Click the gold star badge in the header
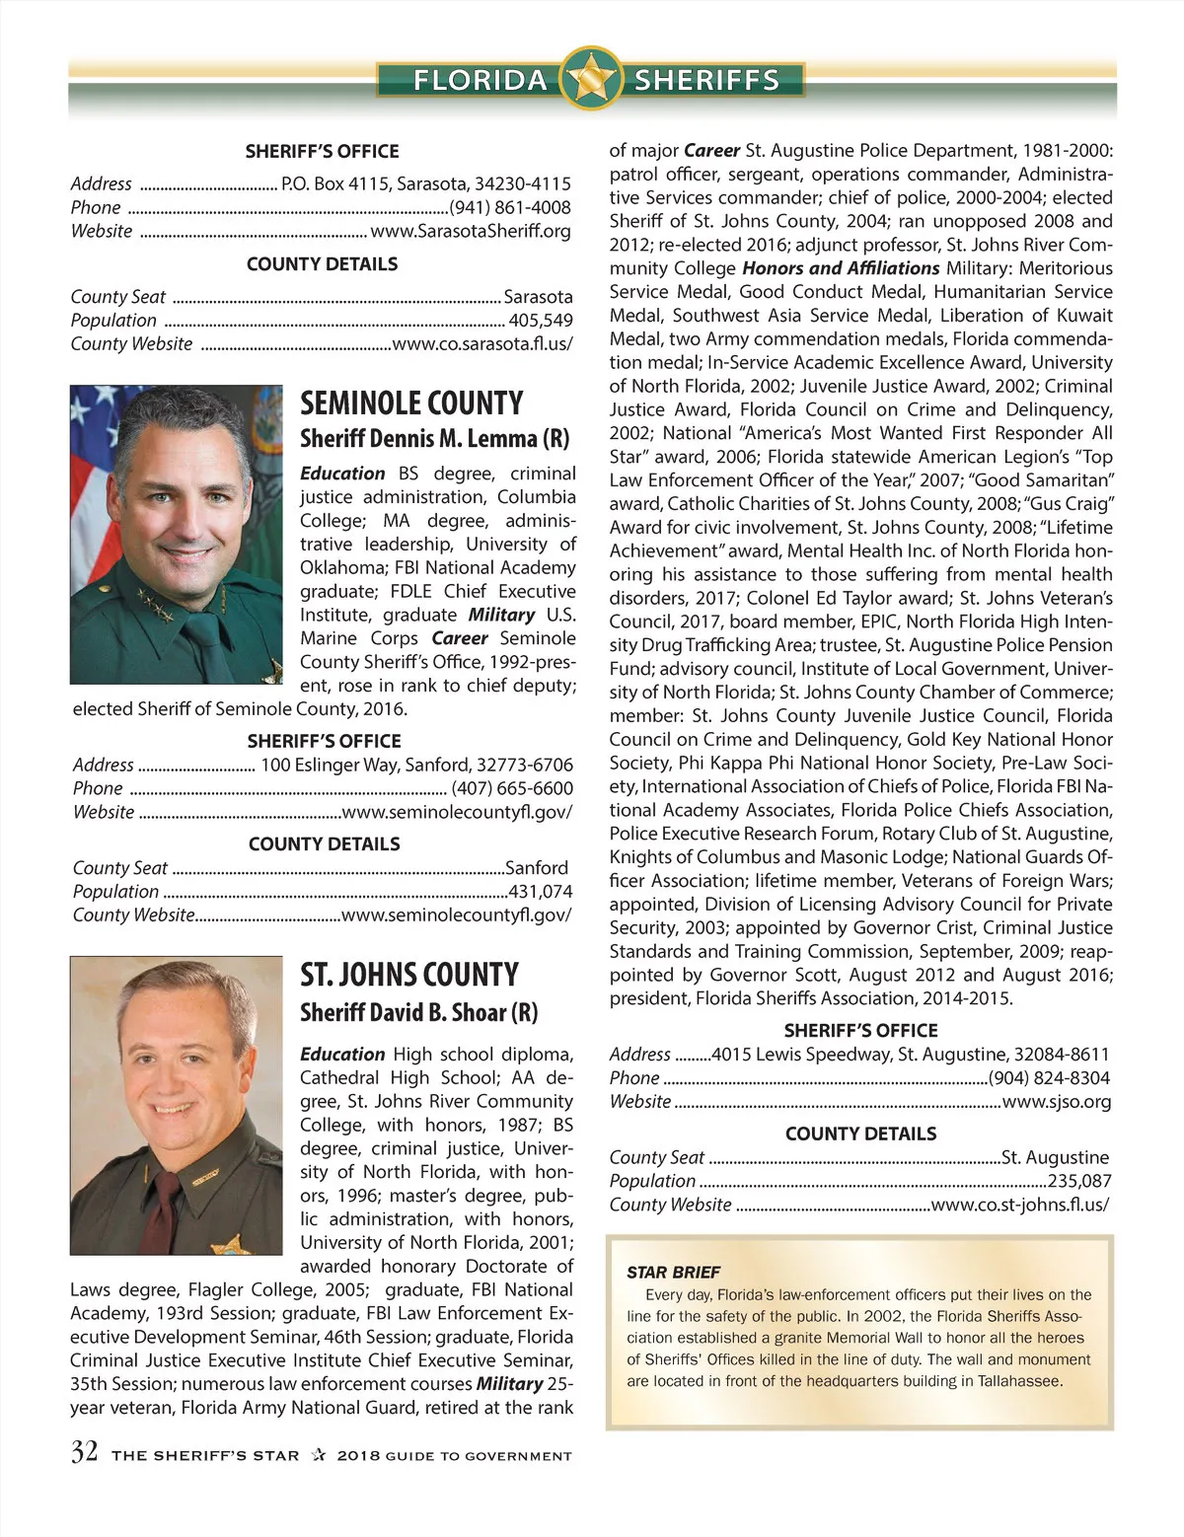coord(590,78)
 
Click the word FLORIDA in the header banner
coord(480,80)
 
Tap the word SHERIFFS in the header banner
coord(706,80)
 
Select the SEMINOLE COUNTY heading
coord(411,403)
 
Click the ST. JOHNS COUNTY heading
coord(408,975)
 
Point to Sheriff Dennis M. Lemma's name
coord(434,438)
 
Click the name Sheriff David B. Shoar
coord(418,1012)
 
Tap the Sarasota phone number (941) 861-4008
coord(510,208)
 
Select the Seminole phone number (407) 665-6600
coord(512,788)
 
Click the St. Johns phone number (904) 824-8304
coord(1049,1078)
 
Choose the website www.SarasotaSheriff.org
coord(471,232)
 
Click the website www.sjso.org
coord(1057,1102)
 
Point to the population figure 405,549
coord(541,321)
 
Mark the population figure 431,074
coord(541,892)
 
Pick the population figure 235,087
coord(1079,1181)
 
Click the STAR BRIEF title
coord(674,1273)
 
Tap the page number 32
coord(84,1452)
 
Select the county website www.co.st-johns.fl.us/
coord(1020,1205)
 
